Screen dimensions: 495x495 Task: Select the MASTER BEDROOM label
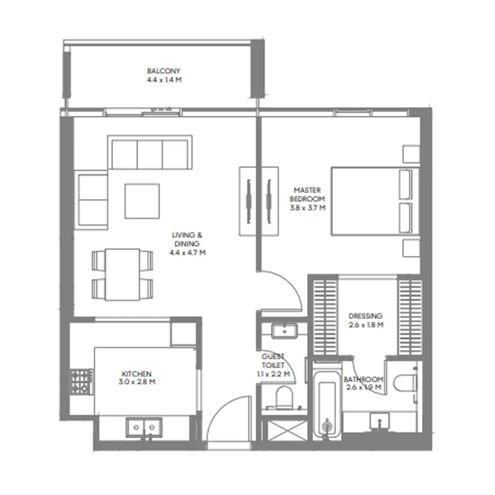[x=308, y=194]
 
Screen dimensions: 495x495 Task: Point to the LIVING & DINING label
[x=187, y=239]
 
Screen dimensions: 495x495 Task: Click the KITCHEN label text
[x=137, y=374]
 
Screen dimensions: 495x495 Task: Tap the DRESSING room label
[x=365, y=315]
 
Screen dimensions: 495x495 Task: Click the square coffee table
[x=142, y=201]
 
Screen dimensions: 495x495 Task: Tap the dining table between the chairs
[x=122, y=274]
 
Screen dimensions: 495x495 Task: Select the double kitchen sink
[x=144, y=426]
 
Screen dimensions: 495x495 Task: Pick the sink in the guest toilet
[x=284, y=330]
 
